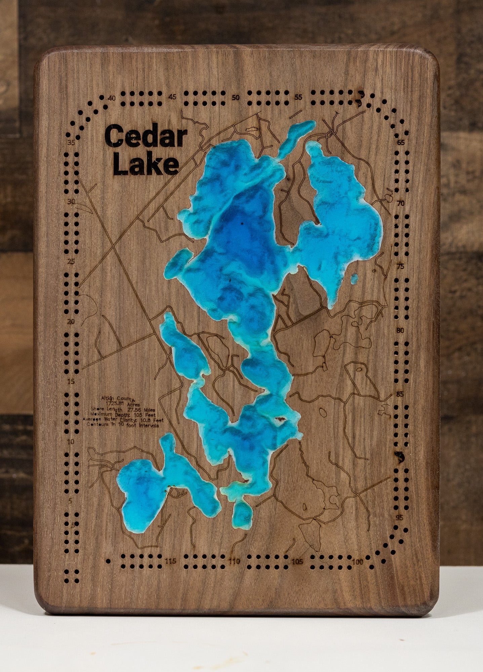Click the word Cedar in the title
point(146,136)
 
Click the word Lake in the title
point(146,165)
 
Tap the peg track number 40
point(112,98)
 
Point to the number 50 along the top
point(236,98)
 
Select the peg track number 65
point(401,142)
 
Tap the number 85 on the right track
point(399,394)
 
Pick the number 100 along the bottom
point(358,562)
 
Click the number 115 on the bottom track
point(171,561)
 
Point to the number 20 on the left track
point(71,322)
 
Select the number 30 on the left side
point(71,202)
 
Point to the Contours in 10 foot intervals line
point(123,425)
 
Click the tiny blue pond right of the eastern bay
point(354,279)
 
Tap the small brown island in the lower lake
point(281,419)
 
